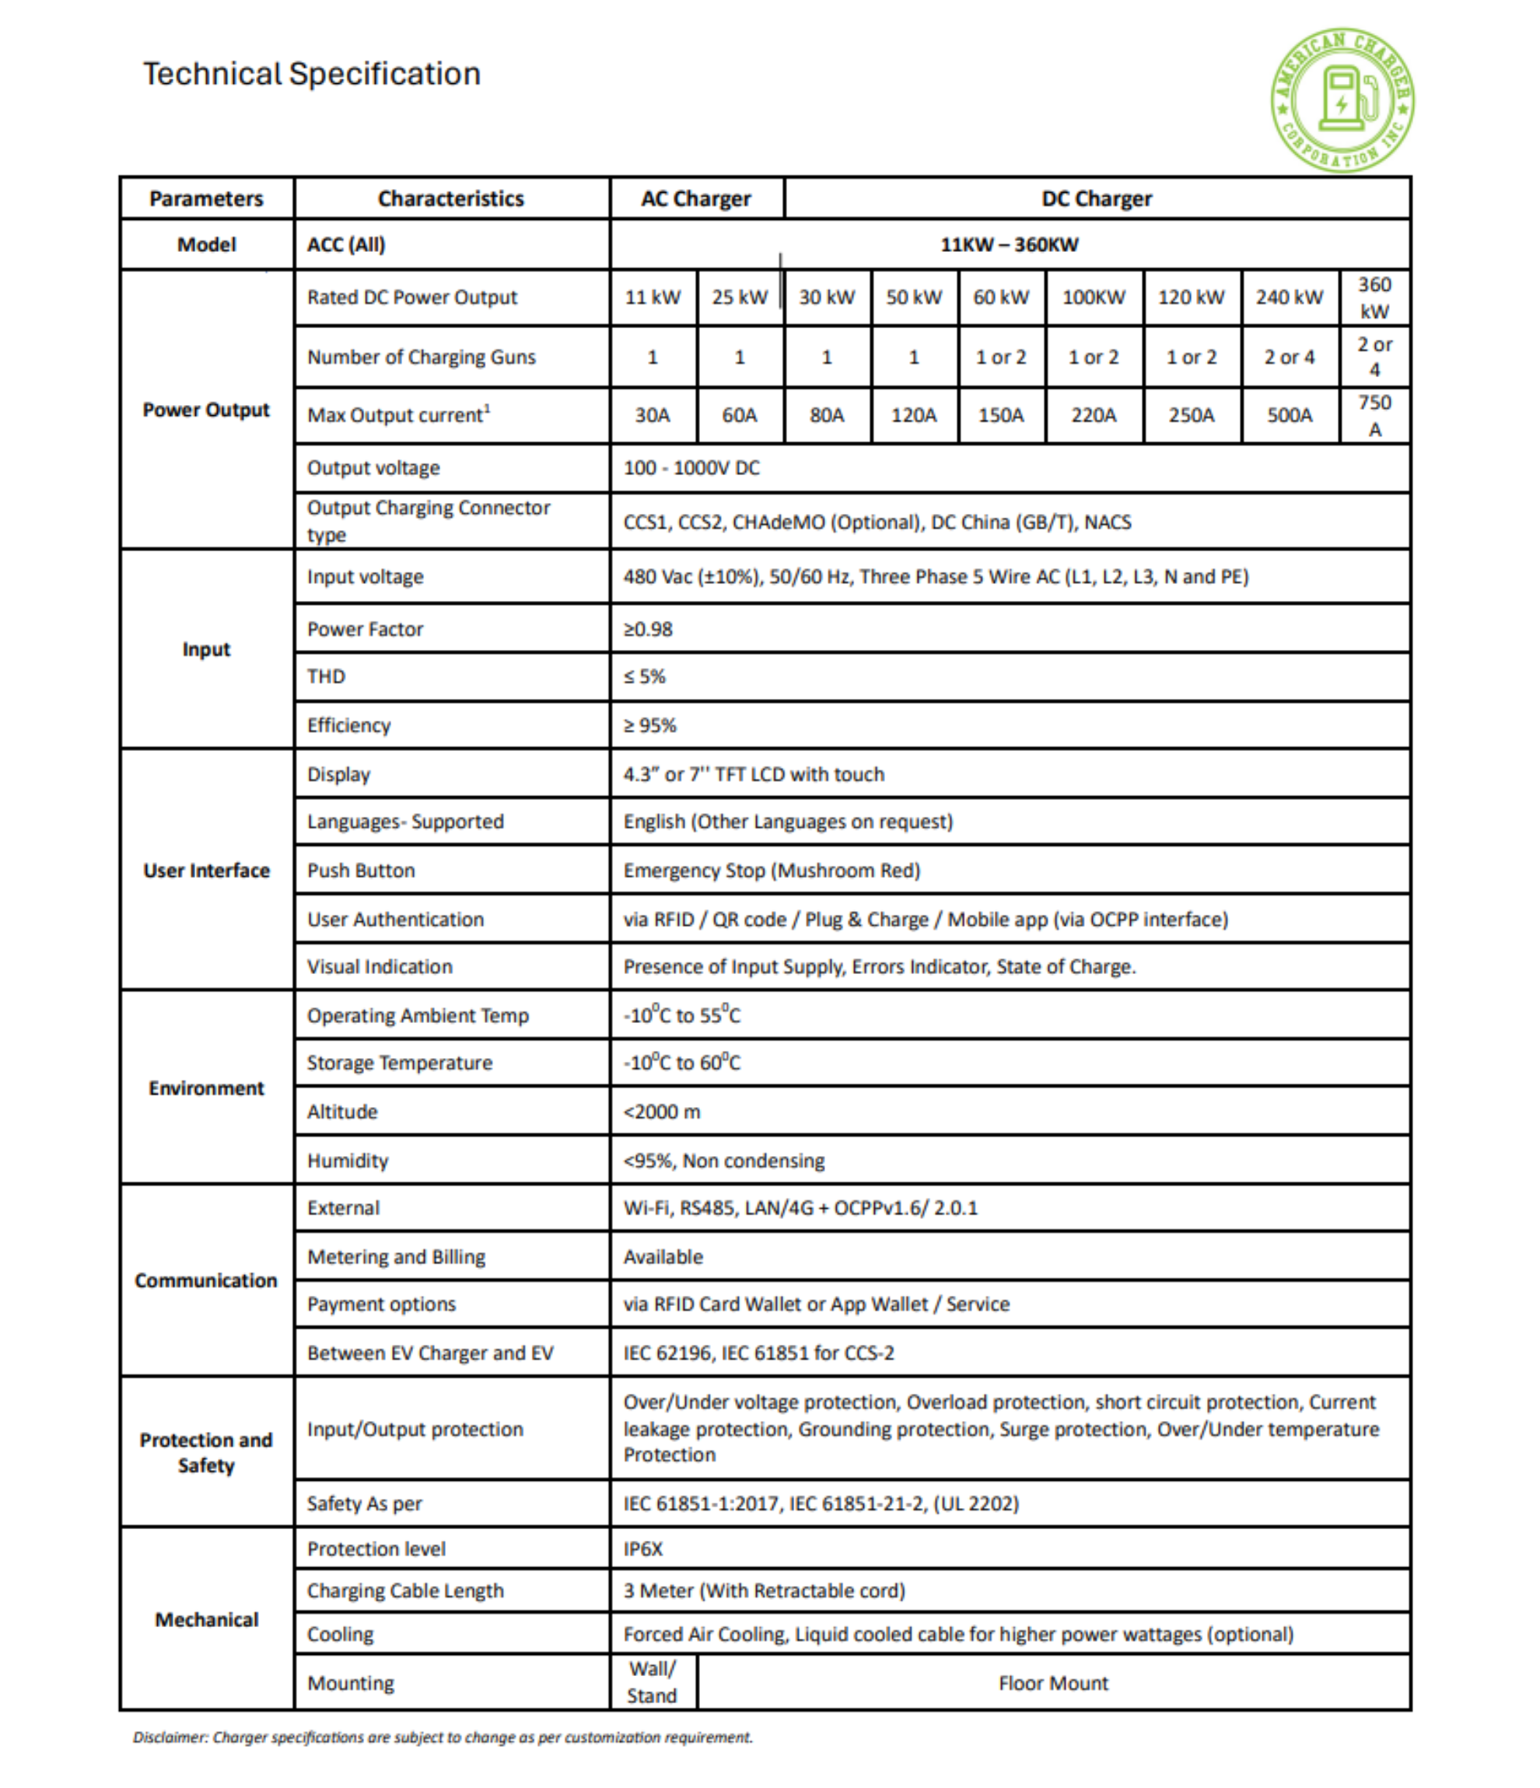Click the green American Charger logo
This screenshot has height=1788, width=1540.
[1342, 100]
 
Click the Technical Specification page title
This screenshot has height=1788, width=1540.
[312, 74]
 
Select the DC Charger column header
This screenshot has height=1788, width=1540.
[1097, 198]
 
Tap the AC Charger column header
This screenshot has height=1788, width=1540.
[696, 198]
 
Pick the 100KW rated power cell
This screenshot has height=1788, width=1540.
[1094, 297]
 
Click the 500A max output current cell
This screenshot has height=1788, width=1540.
[1289, 415]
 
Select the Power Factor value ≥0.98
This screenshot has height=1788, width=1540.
[649, 629]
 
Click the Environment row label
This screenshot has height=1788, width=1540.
[206, 1088]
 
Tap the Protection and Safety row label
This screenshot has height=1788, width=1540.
[206, 1452]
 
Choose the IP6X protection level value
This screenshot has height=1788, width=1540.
[644, 1549]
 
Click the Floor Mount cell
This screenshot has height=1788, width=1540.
[1053, 1683]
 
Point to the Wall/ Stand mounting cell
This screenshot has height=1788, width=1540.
[653, 1683]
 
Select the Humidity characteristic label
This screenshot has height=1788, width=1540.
[348, 1161]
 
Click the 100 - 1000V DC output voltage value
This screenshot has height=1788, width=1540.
[691, 468]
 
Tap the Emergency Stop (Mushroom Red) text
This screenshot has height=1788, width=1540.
[772, 871]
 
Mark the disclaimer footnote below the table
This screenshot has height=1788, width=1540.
[443, 1737]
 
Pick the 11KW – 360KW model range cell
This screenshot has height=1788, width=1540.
[1009, 244]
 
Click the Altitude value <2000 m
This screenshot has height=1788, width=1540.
[662, 1112]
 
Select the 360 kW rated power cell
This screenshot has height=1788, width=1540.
[1374, 297]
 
